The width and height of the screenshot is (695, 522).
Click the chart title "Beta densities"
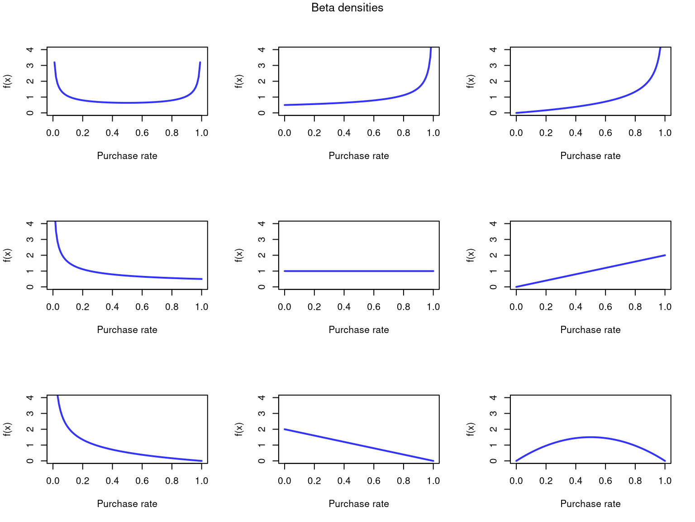pos(347,8)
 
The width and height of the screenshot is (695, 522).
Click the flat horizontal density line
pos(359,271)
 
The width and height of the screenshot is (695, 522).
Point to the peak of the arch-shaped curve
pos(590,437)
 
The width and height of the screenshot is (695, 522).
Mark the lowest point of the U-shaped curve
pos(127,103)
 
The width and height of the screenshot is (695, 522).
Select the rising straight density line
pos(590,271)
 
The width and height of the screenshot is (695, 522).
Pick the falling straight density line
pos(359,445)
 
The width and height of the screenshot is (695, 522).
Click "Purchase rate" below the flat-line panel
pos(359,330)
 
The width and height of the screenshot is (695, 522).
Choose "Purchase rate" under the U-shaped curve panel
pos(127,156)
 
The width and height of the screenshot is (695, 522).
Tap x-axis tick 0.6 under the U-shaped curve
pos(142,133)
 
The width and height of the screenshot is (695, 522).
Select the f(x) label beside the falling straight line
pos(239,429)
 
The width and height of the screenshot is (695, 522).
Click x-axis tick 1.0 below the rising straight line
pos(665,307)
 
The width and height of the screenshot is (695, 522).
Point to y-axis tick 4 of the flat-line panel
pos(262,223)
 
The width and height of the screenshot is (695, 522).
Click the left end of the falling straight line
pos(285,429)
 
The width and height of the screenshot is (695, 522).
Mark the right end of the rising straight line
pos(665,255)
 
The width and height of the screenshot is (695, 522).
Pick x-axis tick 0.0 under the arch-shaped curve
pos(516,481)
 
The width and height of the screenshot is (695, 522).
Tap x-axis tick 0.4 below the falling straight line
pos(344,481)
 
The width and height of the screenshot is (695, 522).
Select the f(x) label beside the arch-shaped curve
pos(471,429)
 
